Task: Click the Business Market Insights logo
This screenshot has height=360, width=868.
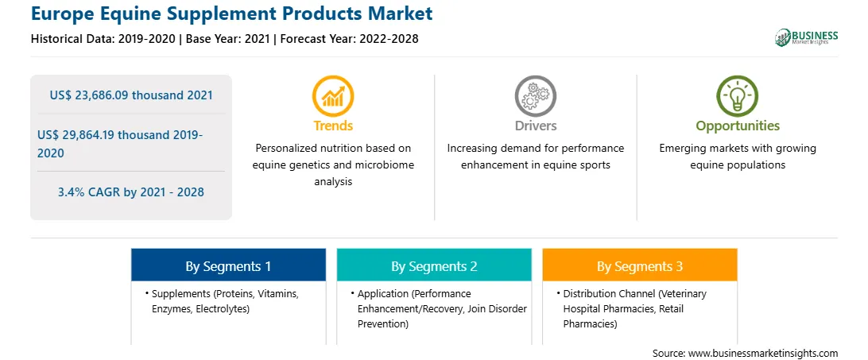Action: tap(806, 37)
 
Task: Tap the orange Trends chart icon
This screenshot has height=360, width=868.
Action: tap(333, 96)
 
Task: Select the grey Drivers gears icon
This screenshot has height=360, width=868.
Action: tap(535, 96)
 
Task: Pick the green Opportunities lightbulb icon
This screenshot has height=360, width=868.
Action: tap(738, 96)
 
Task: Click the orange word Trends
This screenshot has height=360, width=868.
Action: tap(333, 126)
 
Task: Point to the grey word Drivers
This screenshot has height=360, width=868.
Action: tap(535, 126)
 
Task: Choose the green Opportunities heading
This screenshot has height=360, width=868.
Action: tap(738, 126)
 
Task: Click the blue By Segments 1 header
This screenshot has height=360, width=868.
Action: tap(229, 266)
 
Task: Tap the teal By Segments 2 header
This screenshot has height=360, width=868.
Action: tap(434, 266)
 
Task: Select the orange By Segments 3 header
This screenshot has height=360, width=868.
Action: tap(640, 266)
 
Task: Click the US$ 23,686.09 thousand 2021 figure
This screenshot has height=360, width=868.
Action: tap(131, 95)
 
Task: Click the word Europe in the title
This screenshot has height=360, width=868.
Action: tap(60, 14)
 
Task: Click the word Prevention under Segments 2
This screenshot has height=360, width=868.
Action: tap(382, 324)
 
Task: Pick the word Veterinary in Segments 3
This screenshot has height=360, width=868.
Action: tap(684, 294)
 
